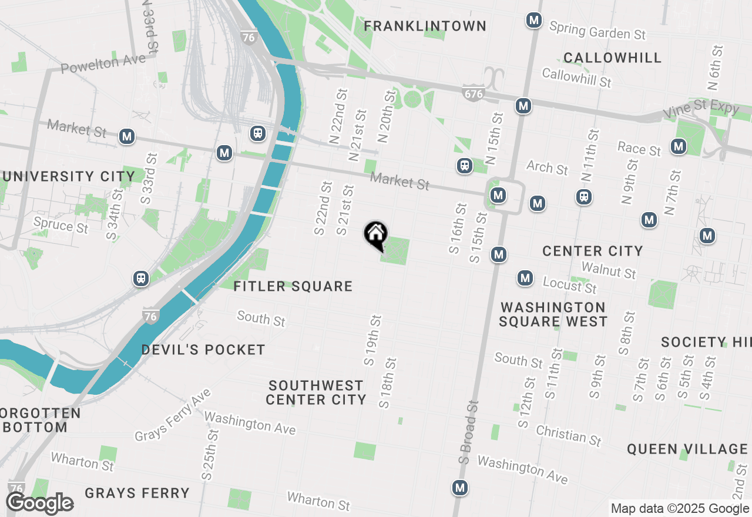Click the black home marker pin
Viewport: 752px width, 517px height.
[375, 235]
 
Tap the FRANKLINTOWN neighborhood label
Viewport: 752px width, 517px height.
[425, 26]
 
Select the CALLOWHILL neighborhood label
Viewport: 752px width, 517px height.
[612, 58]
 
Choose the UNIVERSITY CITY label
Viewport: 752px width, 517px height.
[68, 176]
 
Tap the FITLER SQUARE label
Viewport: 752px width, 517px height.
[293, 286]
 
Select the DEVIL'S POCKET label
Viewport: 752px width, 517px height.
[203, 350]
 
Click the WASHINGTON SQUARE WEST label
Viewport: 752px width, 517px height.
[553, 314]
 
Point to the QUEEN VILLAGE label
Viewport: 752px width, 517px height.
[687, 449]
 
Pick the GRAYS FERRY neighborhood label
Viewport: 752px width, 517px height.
[137, 493]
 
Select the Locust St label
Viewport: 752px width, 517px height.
[569, 285]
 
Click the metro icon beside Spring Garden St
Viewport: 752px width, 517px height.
[534, 21]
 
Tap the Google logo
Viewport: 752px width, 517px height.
[40, 503]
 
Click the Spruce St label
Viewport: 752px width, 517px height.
[61, 224]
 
